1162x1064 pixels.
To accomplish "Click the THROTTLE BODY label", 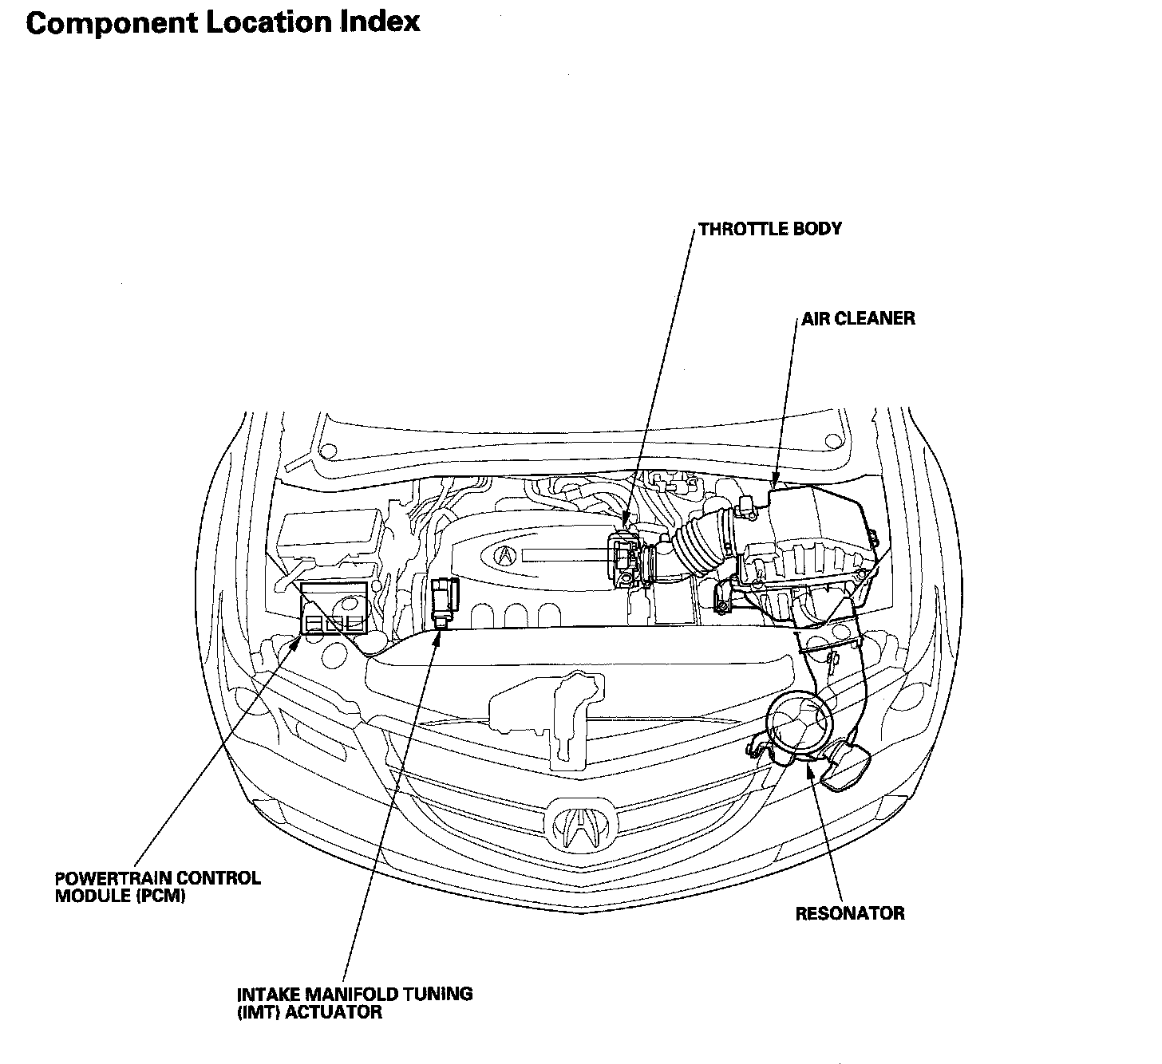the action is (x=770, y=229).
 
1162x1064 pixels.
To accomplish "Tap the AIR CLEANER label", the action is (x=858, y=318).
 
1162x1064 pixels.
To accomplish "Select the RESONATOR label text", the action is (x=850, y=913).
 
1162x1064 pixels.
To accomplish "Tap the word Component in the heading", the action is (x=112, y=24).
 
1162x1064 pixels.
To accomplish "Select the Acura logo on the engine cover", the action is (x=504, y=556).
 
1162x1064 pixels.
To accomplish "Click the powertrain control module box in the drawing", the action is (x=334, y=608).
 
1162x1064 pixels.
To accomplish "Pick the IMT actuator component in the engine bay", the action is (x=445, y=603).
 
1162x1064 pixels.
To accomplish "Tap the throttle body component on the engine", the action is (x=624, y=559).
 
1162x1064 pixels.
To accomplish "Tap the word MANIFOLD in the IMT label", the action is (x=352, y=994).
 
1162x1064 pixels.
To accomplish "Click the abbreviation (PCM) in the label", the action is (x=161, y=897).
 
